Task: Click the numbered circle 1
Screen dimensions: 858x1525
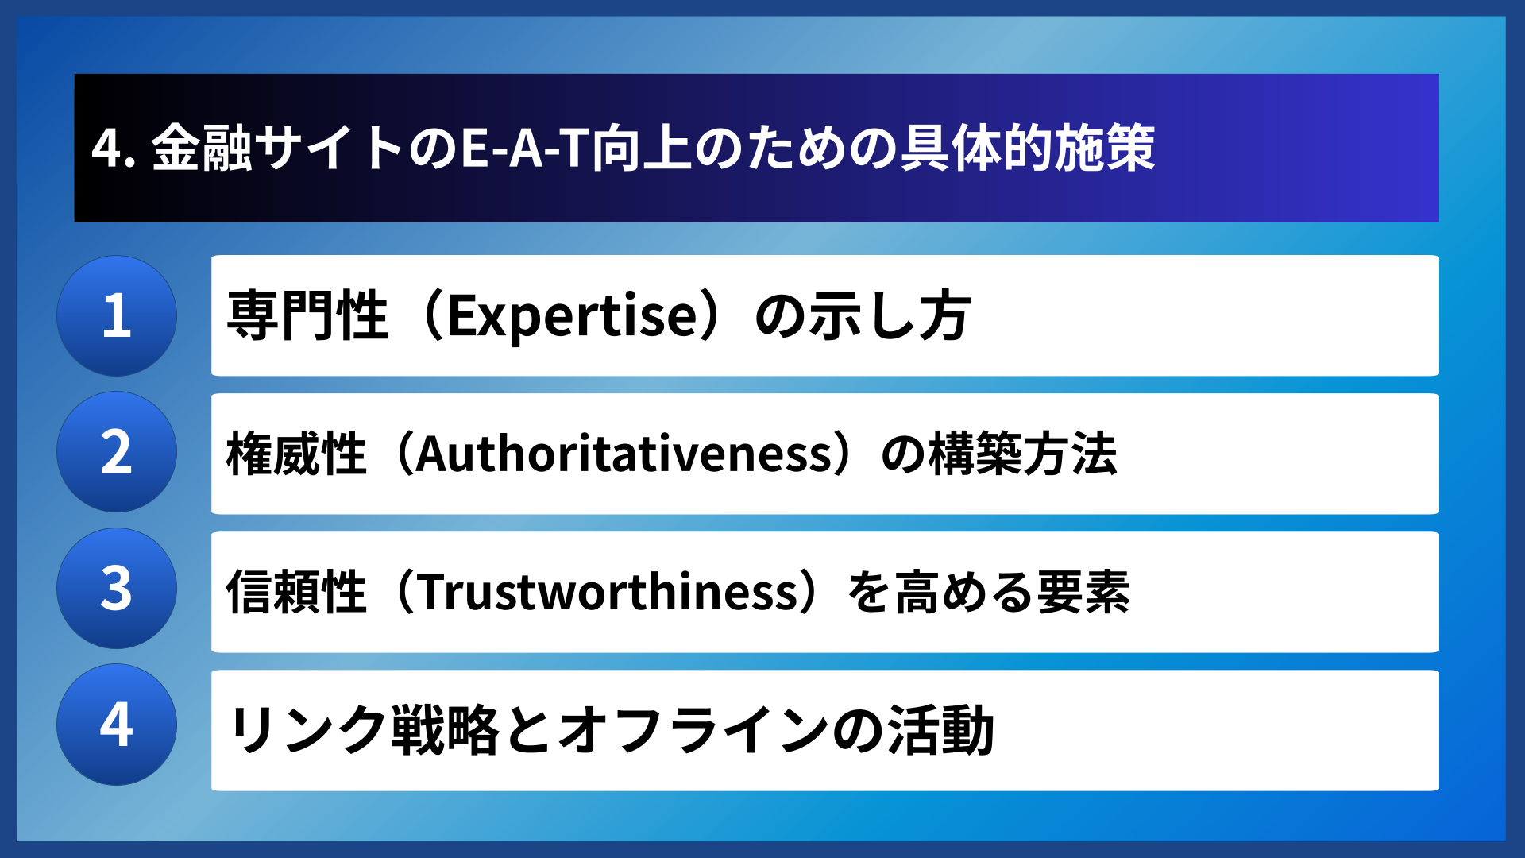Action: (117, 315)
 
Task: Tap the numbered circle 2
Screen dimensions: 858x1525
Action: (117, 452)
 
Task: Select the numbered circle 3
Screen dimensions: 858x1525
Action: (117, 589)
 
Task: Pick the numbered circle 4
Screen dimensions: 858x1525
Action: (117, 725)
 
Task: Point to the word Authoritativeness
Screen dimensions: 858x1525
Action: (624, 454)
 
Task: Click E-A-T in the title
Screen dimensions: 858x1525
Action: (524, 149)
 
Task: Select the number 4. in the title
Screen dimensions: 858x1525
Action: (114, 149)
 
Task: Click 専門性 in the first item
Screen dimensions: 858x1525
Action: (307, 315)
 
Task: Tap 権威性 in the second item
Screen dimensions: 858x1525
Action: (296, 454)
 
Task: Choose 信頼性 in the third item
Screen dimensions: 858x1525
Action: (296, 592)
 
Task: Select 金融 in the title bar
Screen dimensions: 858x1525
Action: (202, 149)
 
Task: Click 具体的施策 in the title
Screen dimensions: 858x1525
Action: (1027, 149)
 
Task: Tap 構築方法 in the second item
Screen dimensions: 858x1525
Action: (1023, 454)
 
